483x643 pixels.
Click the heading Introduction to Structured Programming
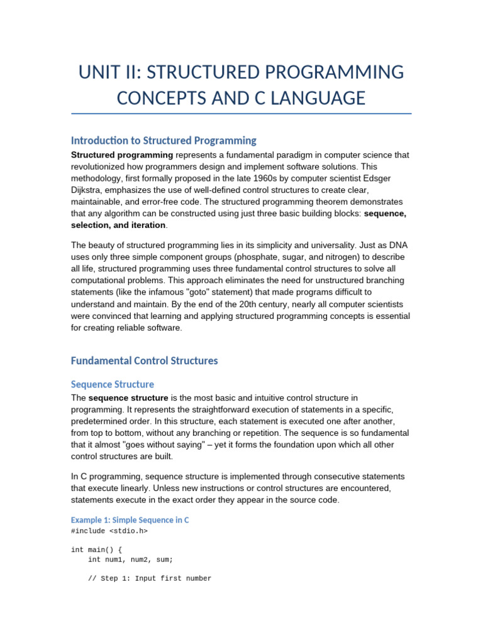[164, 141]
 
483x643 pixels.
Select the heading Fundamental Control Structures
[144, 360]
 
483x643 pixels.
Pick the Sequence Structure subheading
[112, 384]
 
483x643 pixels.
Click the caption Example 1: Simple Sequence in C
[130, 520]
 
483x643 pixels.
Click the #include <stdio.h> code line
[109, 531]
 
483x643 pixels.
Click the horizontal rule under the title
[241, 114]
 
